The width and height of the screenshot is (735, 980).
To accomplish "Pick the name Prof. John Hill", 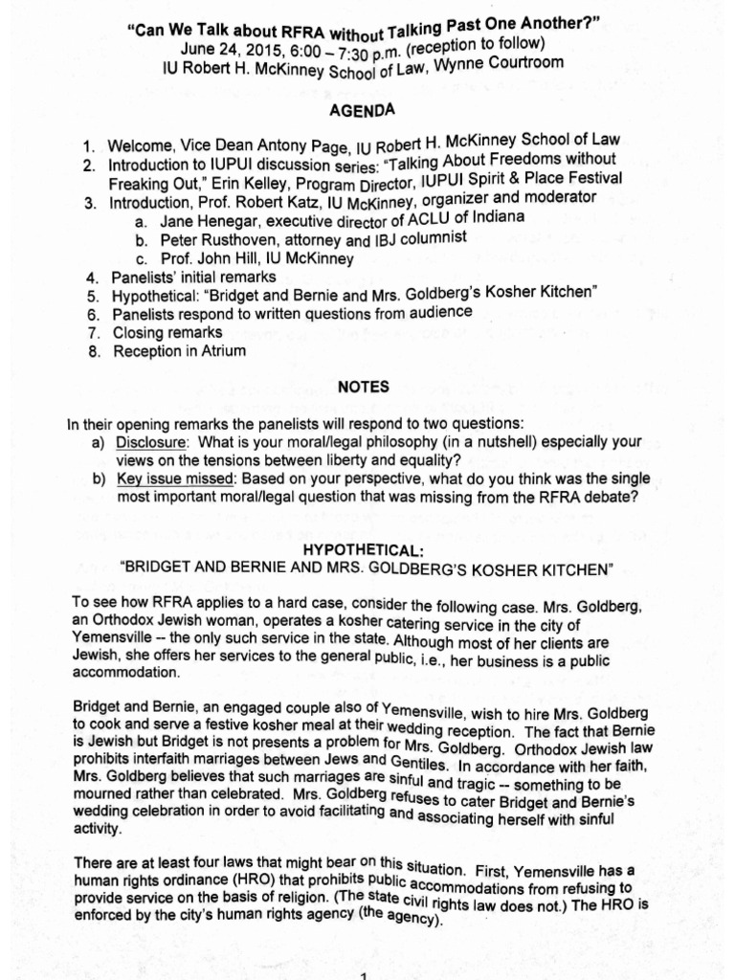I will click(207, 259).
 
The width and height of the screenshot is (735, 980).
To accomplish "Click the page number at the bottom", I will click(363, 973).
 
